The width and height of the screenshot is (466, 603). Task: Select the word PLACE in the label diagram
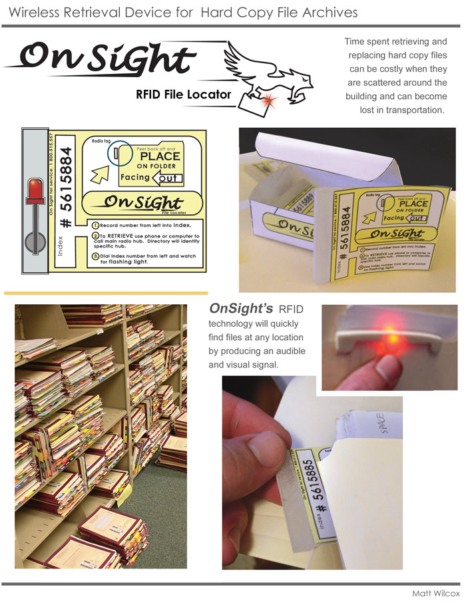click(x=159, y=156)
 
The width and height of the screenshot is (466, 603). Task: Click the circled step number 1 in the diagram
click(x=96, y=226)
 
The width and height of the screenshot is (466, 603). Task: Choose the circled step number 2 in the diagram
click(x=96, y=236)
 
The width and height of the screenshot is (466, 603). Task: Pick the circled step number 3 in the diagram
click(x=96, y=256)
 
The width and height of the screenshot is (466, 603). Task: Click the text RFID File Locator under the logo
click(x=183, y=95)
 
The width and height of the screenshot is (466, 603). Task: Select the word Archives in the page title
click(x=330, y=13)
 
